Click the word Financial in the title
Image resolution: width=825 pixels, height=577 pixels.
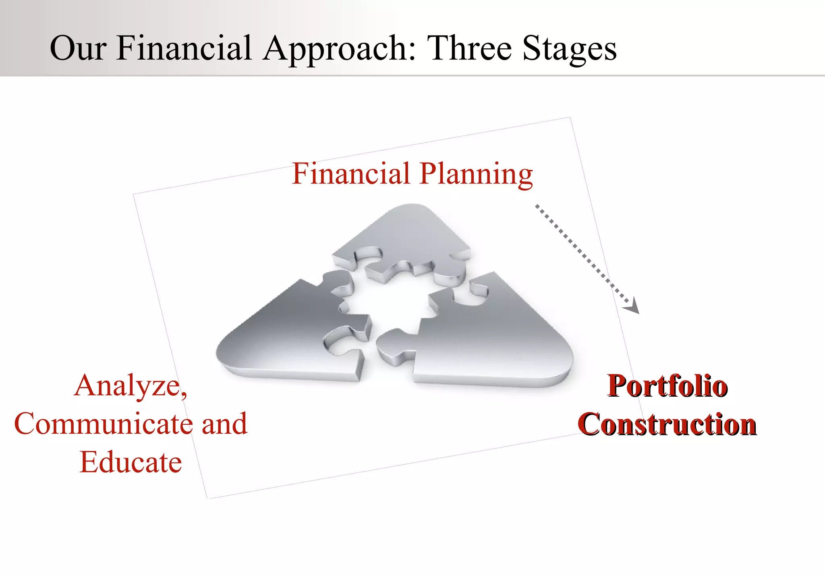(x=184, y=48)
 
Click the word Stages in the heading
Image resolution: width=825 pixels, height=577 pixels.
(x=570, y=49)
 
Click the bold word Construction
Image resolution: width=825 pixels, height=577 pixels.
(x=667, y=424)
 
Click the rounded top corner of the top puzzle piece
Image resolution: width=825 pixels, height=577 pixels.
(x=411, y=209)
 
